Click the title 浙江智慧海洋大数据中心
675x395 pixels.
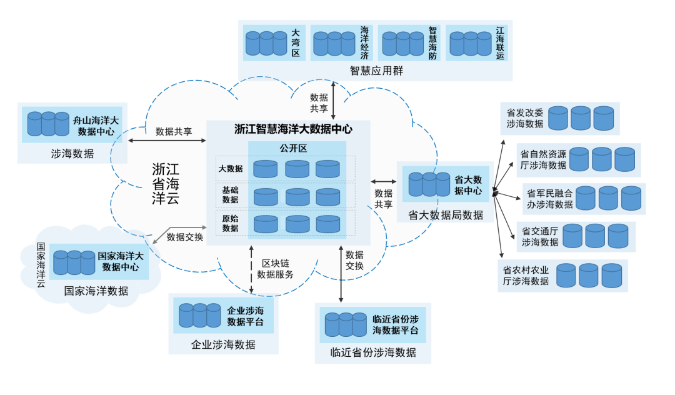coord(293,129)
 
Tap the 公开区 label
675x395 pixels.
coord(293,149)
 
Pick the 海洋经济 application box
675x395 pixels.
coord(342,42)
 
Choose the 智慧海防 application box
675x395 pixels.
coord(409,42)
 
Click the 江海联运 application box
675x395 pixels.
coord(477,42)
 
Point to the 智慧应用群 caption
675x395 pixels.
coord(376,71)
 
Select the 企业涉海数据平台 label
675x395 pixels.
coord(246,316)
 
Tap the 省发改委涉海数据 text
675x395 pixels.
coord(525,118)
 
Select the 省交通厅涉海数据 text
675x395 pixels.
coord(540,236)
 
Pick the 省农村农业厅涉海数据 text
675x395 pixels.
coord(526,276)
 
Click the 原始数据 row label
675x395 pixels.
coord(230,223)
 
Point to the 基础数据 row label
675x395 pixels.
coord(230,194)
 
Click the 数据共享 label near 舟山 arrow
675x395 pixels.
coord(174,131)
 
